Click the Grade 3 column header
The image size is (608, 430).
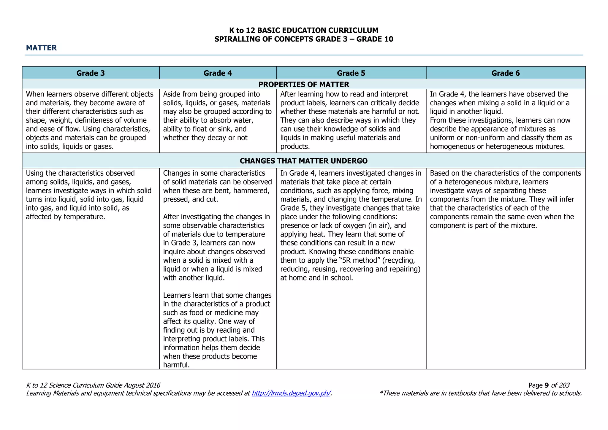(x=91, y=73)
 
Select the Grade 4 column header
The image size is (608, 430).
(x=218, y=73)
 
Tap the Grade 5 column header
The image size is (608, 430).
(x=351, y=73)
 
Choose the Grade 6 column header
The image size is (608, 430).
(x=506, y=73)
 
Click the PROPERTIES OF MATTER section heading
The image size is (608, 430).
(x=304, y=84)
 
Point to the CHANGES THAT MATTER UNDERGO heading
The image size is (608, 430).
(x=304, y=161)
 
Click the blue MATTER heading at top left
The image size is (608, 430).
(x=41, y=48)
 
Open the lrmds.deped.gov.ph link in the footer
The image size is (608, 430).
(x=291, y=393)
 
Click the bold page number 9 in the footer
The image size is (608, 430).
(x=547, y=385)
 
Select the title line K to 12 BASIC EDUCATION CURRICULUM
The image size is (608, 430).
(x=304, y=30)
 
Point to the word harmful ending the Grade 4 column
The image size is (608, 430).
(x=176, y=365)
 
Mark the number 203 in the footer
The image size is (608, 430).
(x=564, y=385)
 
